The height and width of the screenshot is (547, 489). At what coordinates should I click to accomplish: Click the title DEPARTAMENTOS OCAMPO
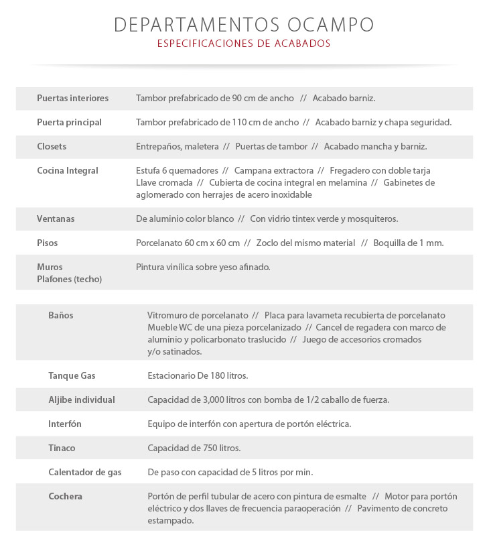(244, 25)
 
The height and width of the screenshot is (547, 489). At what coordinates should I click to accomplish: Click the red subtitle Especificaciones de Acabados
(244, 44)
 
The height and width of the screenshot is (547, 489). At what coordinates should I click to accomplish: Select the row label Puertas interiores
(72, 99)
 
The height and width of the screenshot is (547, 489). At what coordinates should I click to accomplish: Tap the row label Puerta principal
(69, 123)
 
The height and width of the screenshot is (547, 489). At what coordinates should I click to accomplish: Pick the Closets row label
(52, 147)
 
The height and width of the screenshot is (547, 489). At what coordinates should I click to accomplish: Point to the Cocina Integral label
(68, 171)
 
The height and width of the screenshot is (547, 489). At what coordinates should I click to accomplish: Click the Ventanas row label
(56, 219)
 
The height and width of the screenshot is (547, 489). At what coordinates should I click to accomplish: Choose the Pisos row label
(48, 243)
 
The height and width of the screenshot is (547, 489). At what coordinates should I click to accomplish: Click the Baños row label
(61, 315)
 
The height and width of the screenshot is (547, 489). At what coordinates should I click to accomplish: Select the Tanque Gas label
(72, 376)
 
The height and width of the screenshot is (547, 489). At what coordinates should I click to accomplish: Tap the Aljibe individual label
(82, 400)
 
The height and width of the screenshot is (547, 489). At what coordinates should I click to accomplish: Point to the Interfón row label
(65, 424)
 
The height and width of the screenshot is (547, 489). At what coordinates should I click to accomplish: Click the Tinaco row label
(62, 448)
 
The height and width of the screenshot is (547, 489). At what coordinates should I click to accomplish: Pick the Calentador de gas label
(85, 473)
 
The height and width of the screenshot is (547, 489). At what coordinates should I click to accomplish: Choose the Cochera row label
(65, 497)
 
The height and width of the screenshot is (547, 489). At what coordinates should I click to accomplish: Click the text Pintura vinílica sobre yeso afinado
(203, 267)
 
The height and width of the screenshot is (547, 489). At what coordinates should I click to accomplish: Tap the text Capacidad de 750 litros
(194, 448)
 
